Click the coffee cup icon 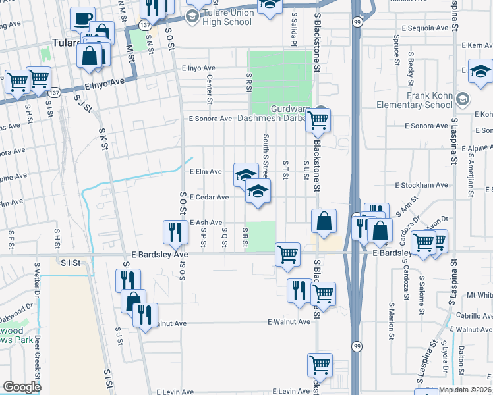82,19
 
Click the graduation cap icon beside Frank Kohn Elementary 463,99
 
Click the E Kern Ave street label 471,45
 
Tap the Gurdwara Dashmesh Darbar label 289,114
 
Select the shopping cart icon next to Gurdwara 318,120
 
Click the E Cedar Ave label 209,197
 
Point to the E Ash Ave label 206,223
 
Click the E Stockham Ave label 421,186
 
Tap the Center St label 210,90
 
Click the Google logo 22,387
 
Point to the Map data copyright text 465,390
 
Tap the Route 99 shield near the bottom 357,346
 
